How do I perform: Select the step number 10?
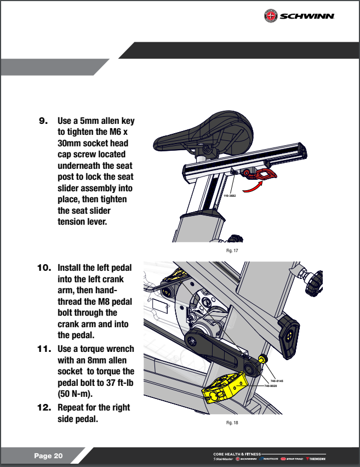click(43, 268)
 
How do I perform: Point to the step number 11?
click(43, 348)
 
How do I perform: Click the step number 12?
click(43, 408)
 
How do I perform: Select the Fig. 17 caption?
click(232, 250)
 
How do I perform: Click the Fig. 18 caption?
click(232, 423)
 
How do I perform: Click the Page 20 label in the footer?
click(48, 456)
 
